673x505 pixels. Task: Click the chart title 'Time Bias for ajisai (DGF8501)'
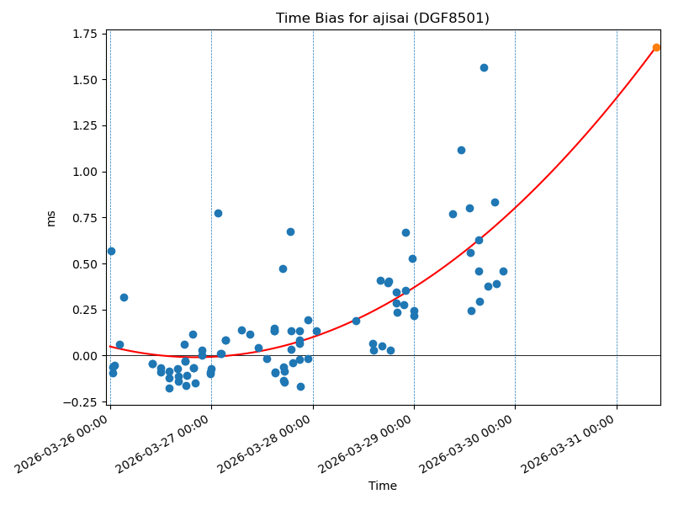pyautogui.click(x=383, y=18)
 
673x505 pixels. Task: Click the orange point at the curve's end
pyautogui.click(x=656, y=47)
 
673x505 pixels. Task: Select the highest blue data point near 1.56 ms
pyautogui.click(x=484, y=67)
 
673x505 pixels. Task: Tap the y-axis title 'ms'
pyautogui.click(x=51, y=218)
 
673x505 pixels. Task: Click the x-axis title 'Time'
pyautogui.click(x=383, y=486)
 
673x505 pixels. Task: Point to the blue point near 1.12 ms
pyautogui.click(x=461, y=150)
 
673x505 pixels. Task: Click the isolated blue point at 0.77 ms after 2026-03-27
pyautogui.click(x=218, y=213)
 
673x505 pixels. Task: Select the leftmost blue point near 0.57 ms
pyautogui.click(x=111, y=251)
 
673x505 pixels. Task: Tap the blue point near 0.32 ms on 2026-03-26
pyautogui.click(x=124, y=297)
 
